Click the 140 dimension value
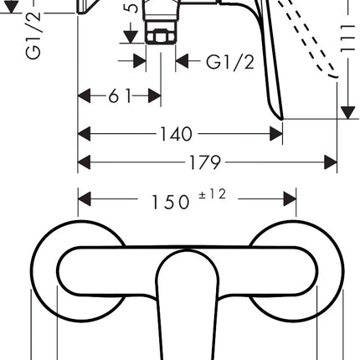click(176, 134)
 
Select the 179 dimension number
click(205, 162)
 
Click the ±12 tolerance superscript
click(212, 194)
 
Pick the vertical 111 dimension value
click(347, 39)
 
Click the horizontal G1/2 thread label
click(230, 62)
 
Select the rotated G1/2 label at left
click(33, 35)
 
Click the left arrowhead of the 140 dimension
click(85, 134)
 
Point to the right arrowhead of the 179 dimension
click(331, 162)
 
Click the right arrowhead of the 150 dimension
click(290, 199)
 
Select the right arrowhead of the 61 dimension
click(154, 96)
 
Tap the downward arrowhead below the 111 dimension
click(348, 113)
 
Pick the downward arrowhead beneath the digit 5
click(131, 37)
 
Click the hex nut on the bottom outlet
click(161, 36)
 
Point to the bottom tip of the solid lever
click(282, 120)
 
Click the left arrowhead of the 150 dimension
click(85, 199)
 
